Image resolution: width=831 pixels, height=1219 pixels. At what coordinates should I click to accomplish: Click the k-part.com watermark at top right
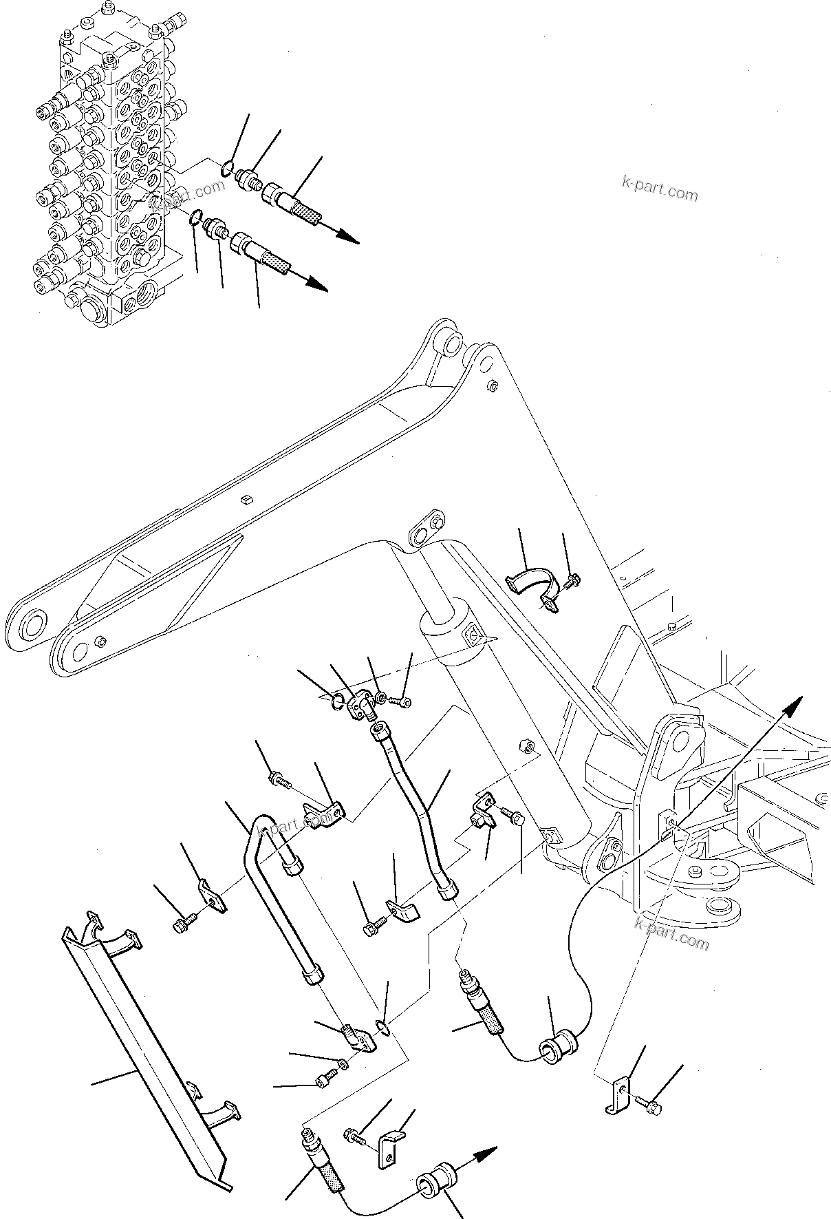point(659,187)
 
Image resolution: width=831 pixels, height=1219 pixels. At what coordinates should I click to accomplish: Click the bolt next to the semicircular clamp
point(571,582)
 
